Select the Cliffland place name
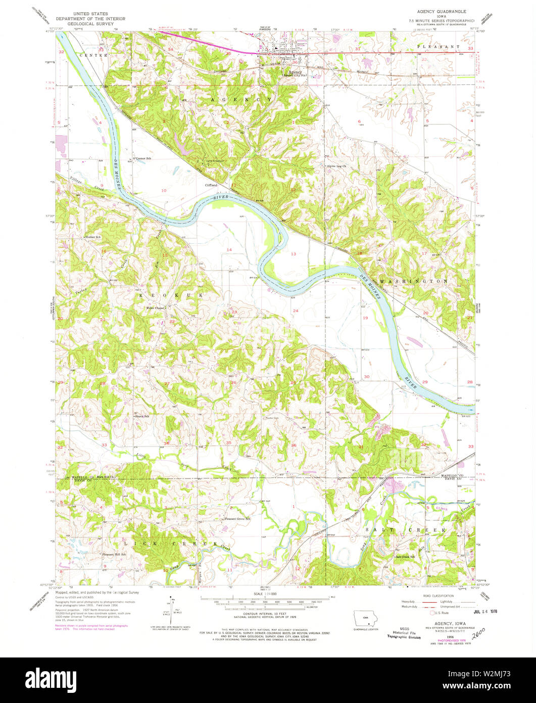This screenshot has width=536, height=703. pos(211,185)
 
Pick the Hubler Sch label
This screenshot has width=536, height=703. pos(93,237)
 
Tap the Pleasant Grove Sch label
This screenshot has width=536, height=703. pos(237,518)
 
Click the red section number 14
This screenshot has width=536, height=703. pos(229,250)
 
